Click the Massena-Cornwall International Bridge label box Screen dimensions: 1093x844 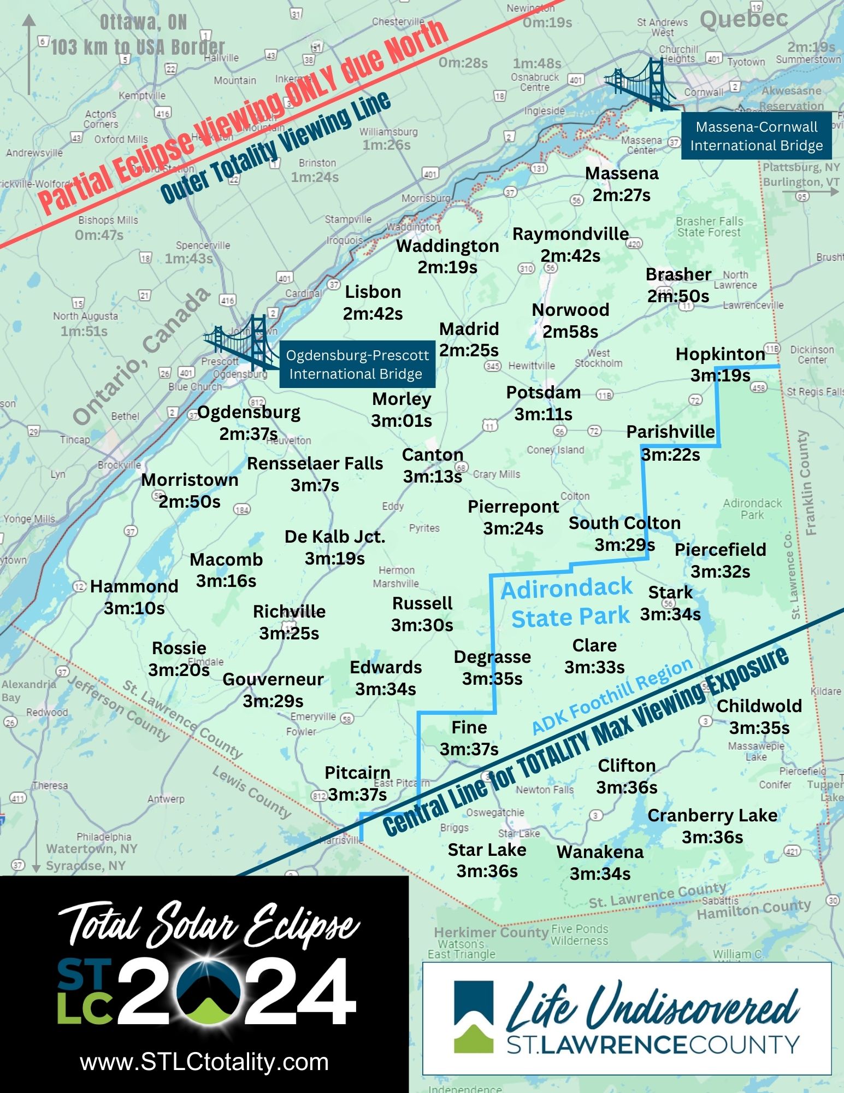(x=756, y=136)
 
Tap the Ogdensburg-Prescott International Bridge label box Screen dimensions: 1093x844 (x=357, y=365)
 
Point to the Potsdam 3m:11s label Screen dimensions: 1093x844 (x=543, y=403)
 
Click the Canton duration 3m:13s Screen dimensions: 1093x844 (x=433, y=477)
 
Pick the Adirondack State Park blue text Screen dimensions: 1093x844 (x=568, y=603)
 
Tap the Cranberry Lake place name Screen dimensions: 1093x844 (x=712, y=815)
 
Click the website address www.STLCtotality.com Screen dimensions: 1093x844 (x=204, y=1062)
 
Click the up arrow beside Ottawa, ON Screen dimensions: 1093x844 (x=29, y=55)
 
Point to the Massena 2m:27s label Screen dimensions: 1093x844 (x=622, y=184)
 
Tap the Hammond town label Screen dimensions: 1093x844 (x=134, y=586)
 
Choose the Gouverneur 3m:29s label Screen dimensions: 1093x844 (x=273, y=690)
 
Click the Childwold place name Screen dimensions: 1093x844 (x=759, y=706)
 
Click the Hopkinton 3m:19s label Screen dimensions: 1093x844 (x=720, y=365)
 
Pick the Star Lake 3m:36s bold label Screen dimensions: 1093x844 (x=487, y=860)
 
